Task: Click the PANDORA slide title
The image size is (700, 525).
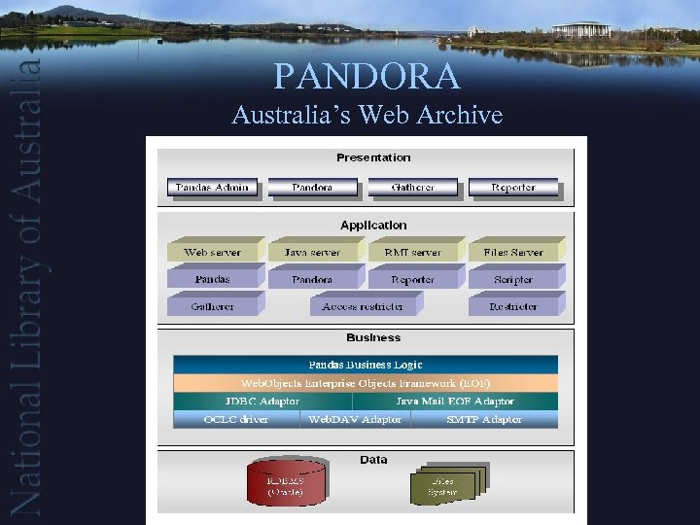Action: click(x=367, y=75)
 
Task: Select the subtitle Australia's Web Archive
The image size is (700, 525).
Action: click(x=367, y=115)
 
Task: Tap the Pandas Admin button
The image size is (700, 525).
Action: click(x=212, y=188)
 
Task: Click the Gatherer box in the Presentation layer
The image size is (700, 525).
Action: click(x=412, y=188)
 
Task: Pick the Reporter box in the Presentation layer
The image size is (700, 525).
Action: click(x=513, y=188)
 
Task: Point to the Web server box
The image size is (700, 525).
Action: click(x=212, y=252)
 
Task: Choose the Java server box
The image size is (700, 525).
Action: click(x=313, y=252)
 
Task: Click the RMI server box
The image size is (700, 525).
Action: click(x=413, y=252)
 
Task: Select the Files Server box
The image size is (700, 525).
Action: click(x=513, y=252)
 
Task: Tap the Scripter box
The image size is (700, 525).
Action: click(x=513, y=279)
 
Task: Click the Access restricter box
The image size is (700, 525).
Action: click(x=363, y=306)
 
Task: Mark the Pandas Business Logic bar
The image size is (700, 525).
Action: click(x=366, y=365)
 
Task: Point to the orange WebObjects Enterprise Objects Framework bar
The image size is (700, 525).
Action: click(x=366, y=383)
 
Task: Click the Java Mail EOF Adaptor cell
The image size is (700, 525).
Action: click(x=454, y=402)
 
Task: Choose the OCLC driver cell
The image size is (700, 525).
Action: click(x=236, y=420)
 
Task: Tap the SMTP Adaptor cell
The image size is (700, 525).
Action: click(x=484, y=420)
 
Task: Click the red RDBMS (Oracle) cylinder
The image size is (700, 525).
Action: click(x=286, y=483)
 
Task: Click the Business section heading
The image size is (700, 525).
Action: click(x=373, y=338)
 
